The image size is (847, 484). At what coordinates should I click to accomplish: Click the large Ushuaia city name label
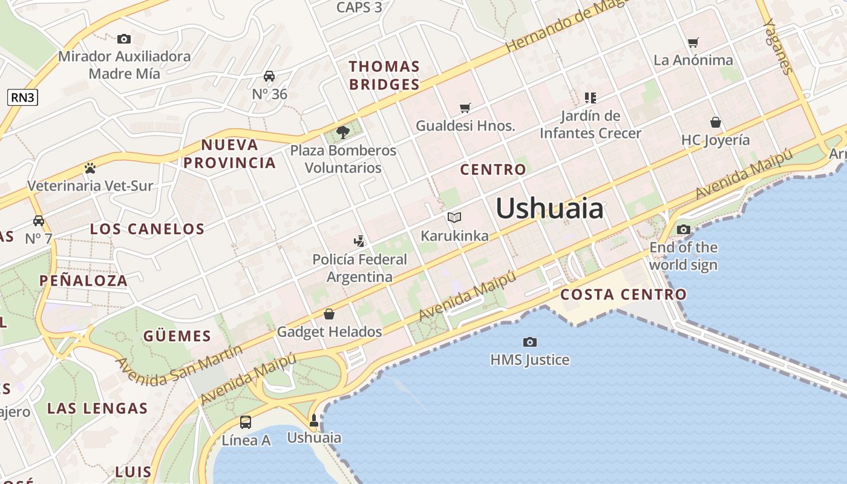pyautogui.click(x=549, y=209)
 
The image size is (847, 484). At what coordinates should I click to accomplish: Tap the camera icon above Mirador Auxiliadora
pyautogui.click(x=124, y=39)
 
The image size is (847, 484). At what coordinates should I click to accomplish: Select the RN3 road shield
pyautogui.click(x=23, y=97)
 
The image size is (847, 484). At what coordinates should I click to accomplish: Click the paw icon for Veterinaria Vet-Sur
pyautogui.click(x=90, y=168)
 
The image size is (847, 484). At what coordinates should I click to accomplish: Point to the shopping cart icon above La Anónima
pyautogui.click(x=693, y=42)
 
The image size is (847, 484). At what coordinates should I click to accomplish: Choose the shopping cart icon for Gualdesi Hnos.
pyautogui.click(x=465, y=108)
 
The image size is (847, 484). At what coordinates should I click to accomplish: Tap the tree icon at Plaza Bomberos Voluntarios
pyautogui.click(x=343, y=132)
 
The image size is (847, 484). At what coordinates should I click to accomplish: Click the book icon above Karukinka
pyautogui.click(x=454, y=217)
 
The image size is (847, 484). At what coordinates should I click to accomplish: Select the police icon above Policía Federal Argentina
pyautogui.click(x=359, y=241)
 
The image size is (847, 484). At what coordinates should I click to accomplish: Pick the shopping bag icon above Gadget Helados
pyautogui.click(x=329, y=314)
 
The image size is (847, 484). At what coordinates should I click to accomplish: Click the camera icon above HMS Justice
pyautogui.click(x=530, y=342)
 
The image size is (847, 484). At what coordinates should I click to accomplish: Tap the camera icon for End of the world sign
pyautogui.click(x=684, y=230)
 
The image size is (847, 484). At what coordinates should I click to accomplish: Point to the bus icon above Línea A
pyautogui.click(x=246, y=422)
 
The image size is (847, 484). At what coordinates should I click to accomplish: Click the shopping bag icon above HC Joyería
pyautogui.click(x=716, y=122)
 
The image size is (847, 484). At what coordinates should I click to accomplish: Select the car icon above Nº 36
pyautogui.click(x=269, y=76)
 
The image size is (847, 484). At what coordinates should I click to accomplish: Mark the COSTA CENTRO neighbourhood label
pyautogui.click(x=623, y=295)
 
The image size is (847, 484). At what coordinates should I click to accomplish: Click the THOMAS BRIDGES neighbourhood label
pyautogui.click(x=384, y=75)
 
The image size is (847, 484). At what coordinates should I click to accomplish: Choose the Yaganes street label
pyautogui.click(x=779, y=46)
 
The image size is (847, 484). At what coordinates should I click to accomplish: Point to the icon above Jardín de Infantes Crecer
pyautogui.click(x=590, y=97)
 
